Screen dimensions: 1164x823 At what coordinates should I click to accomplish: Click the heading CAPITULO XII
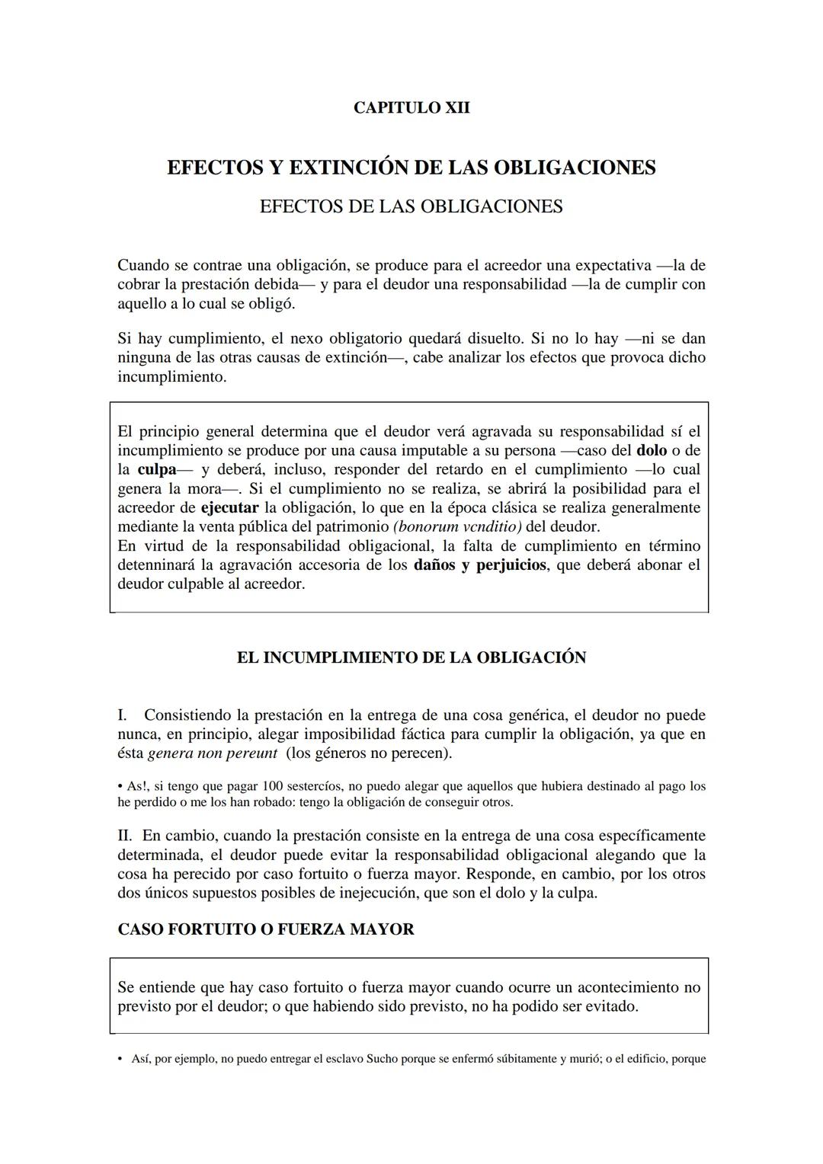coord(411,108)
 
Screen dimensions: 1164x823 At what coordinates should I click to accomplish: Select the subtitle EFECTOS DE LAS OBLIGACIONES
coord(411,206)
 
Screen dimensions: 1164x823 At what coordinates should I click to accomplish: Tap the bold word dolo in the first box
coord(651,451)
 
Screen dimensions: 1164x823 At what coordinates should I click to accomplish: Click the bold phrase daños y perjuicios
coord(479,565)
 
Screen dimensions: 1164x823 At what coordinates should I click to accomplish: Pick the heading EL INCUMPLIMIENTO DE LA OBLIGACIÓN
coord(411,657)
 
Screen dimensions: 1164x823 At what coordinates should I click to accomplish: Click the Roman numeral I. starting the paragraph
coord(123,715)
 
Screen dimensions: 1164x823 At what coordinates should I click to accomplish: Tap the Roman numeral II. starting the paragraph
coord(126,836)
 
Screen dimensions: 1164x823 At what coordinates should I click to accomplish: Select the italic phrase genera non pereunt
coord(212,753)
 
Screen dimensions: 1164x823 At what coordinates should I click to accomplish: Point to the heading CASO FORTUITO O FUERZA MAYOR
coord(266,929)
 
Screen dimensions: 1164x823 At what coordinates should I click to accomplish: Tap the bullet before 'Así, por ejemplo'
coord(120,1059)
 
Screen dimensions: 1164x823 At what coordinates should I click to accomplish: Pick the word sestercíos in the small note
coord(320,786)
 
